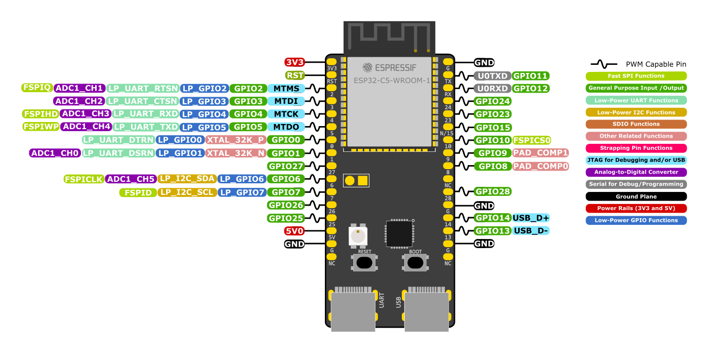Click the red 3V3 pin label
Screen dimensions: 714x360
click(295, 62)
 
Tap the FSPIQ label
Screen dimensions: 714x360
click(37, 88)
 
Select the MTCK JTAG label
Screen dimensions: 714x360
click(286, 114)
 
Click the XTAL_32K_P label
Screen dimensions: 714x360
click(236, 140)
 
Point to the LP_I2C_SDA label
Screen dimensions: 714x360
click(187, 179)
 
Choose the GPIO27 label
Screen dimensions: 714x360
click(285, 166)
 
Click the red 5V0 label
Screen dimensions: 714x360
click(294, 231)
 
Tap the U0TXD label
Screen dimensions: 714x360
click(492, 76)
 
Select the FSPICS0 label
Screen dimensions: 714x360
click(532, 140)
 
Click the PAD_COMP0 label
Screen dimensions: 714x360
click(540, 166)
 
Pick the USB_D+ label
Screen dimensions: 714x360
click(531, 218)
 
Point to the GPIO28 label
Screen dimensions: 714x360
click(492, 191)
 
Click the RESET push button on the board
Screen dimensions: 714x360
click(364, 263)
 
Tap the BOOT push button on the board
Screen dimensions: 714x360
click(415, 263)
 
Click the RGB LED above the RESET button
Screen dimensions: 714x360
click(358, 236)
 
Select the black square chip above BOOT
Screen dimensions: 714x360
click(399, 233)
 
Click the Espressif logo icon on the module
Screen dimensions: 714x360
click(367, 68)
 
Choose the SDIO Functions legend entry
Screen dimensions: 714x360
click(636, 124)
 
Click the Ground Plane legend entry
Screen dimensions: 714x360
click(636, 196)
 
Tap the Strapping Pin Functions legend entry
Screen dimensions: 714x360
click(636, 148)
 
